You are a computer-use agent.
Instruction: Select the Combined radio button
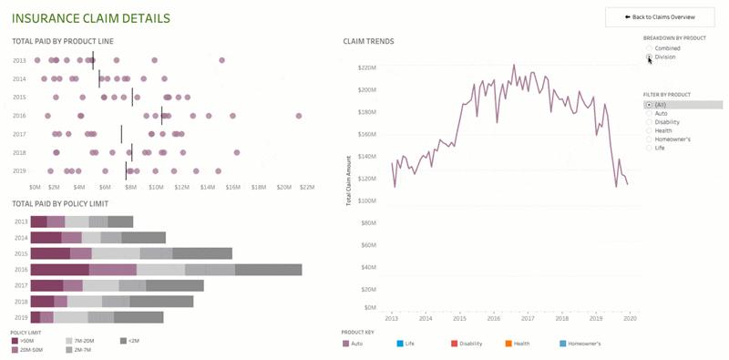tap(649, 47)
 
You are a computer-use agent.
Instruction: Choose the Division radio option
tap(649, 57)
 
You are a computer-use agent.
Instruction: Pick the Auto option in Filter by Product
tap(649, 113)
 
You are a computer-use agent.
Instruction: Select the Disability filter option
tap(649, 122)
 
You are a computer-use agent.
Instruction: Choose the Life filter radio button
tap(649, 148)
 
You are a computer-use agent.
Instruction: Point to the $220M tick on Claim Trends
tap(366, 68)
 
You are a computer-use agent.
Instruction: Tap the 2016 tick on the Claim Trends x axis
tap(494, 318)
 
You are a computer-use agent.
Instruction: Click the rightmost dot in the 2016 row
tap(298, 116)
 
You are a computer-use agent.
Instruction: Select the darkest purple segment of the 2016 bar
tap(59, 270)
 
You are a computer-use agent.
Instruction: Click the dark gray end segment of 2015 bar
tap(201, 253)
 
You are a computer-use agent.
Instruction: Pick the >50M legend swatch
tap(15, 340)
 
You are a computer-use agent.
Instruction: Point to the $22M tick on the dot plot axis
tap(306, 186)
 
